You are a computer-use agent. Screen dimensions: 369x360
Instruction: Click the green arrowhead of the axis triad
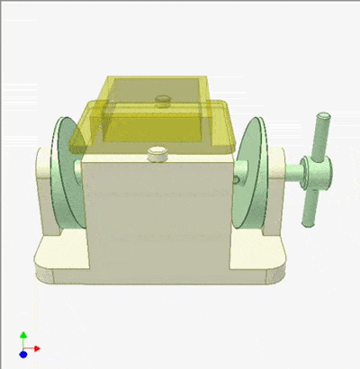point(22,335)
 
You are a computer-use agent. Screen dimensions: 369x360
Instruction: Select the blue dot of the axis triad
point(22,355)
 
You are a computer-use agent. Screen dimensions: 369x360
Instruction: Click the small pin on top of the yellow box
point(162,98)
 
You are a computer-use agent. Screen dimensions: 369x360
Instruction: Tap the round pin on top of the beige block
point(159,152)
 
